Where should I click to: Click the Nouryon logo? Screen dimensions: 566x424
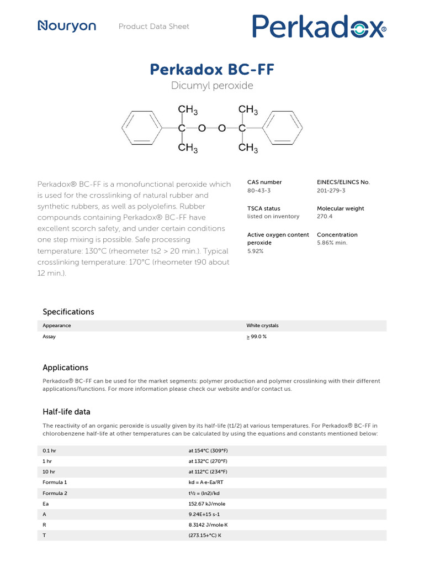coord(67,26)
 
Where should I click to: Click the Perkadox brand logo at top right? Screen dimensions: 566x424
coord(319,27)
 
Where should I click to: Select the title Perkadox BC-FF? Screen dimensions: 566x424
coord(212,70)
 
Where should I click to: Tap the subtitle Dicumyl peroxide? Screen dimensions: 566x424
coord(212,86)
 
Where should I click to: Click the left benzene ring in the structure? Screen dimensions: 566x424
coord(141,128)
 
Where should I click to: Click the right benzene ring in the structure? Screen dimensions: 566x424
coord(283,128)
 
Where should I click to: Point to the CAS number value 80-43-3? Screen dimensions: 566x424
coord(259,190)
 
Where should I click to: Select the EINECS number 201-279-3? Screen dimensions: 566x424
coord(331,190)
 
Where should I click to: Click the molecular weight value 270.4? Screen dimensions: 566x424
coord(325,217)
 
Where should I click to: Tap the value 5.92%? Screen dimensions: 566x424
coord(255,251)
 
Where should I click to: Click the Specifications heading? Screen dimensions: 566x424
coord(68,312)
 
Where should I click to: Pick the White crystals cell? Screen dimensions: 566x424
coord(262,326)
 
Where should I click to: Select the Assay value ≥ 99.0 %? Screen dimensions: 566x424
coord(256,337)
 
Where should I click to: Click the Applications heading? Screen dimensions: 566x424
coord(65,368)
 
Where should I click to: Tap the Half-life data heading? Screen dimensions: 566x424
coord(66,412)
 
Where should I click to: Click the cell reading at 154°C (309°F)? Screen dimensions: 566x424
coord(208,450)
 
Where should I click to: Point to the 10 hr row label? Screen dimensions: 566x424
coord(49,471)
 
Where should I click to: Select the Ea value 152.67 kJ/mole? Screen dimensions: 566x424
coord(207,504)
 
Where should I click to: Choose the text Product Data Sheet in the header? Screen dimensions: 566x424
coord(153,27)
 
